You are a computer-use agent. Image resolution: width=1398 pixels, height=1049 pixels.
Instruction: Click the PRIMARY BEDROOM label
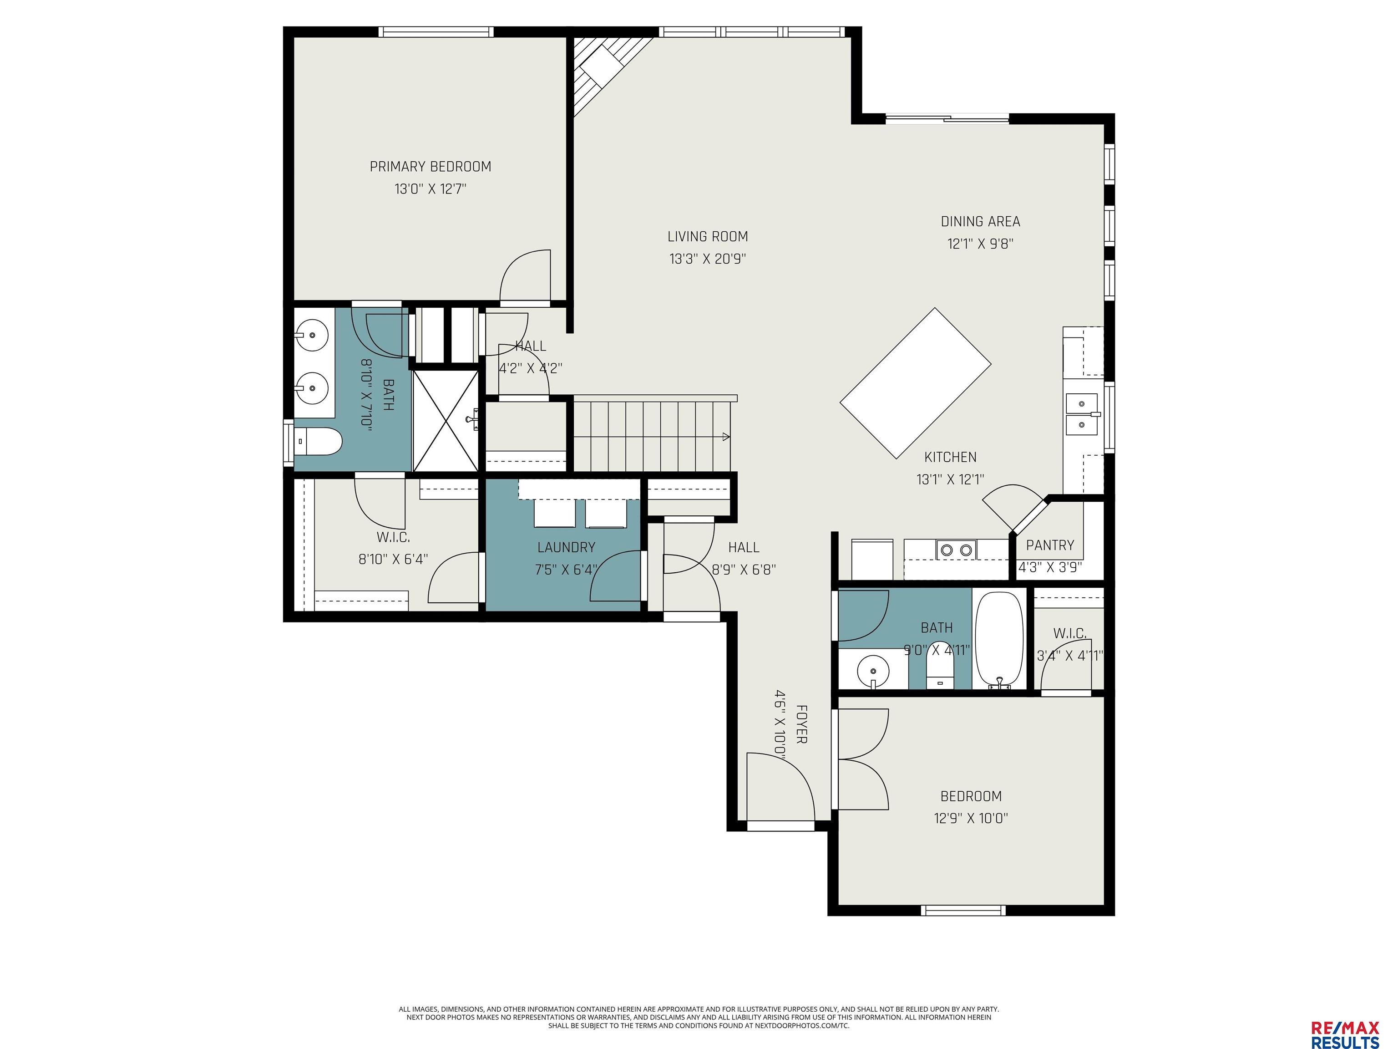pos(431,166)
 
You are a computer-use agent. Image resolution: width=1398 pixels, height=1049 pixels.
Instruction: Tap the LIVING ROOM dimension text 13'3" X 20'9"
pos(708,259)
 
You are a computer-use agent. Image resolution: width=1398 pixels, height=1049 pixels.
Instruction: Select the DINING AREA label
pos(980,221)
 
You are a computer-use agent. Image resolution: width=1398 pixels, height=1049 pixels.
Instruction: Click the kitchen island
pos(915,383)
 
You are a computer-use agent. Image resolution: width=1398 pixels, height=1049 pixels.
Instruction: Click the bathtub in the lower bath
pos(999,640)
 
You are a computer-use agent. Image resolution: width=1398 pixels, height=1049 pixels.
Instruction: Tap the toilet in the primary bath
pos(319,441)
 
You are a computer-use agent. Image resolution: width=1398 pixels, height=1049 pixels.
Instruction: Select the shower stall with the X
pos(446,421)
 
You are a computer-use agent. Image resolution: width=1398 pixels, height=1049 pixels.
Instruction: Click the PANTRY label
pos(1050,545)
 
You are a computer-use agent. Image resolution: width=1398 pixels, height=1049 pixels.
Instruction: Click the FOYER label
pos(801,724)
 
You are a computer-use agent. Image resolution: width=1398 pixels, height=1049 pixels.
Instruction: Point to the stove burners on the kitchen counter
pos(956,550)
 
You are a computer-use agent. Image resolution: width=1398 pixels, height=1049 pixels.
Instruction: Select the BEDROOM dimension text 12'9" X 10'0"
pos(971,818)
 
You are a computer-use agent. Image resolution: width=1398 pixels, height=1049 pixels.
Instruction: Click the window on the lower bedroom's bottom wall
pos(962,911)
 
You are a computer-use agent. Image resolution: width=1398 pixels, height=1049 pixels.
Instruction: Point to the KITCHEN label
pos(951,457)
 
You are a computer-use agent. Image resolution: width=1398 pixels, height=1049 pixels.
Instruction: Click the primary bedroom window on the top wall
pos(436,31)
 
